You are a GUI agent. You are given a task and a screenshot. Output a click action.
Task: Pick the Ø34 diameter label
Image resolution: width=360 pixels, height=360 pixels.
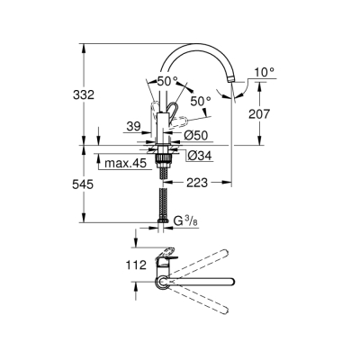(x=200, y=155)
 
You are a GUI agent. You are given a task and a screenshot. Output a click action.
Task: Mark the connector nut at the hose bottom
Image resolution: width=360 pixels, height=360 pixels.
(x=162, y=220)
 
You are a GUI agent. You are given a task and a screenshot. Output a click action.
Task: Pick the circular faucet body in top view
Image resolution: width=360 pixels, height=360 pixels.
(x=161, y=283)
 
